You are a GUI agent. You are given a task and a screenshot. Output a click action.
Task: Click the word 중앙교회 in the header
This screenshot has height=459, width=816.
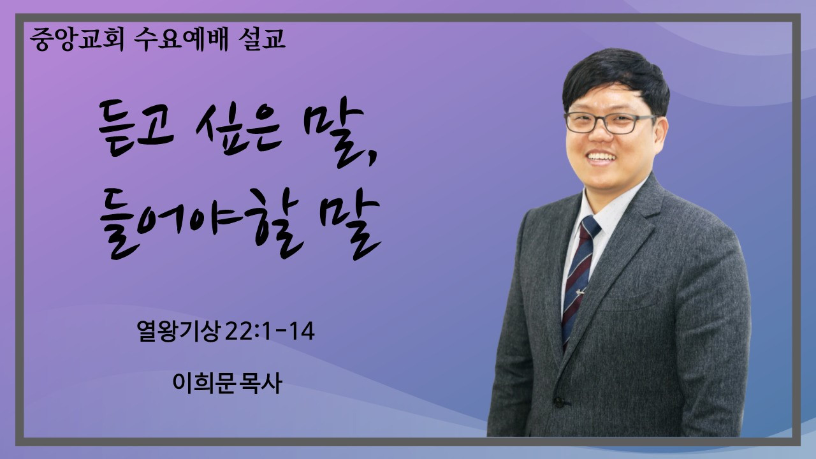(x=77, y=39)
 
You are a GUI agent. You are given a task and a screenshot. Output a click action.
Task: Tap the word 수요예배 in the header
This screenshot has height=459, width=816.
(x=181, y=39)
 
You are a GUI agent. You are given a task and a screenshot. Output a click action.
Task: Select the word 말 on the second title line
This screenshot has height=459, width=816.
(x=350, y=228)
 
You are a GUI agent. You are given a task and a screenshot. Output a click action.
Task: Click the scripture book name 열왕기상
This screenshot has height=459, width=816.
(x=178, y=331)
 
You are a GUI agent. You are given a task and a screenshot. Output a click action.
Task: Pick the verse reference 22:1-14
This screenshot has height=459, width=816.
(x=270, y=331)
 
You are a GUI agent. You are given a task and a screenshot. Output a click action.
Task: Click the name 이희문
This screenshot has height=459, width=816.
(x=203, y=383)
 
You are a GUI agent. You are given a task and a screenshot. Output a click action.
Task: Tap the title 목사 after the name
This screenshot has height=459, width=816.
(x=259, y=383)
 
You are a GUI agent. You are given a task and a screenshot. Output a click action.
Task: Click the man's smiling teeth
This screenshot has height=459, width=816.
(x=602, y=157)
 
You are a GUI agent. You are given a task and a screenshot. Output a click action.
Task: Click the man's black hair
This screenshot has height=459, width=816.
(x=616, y=76)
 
